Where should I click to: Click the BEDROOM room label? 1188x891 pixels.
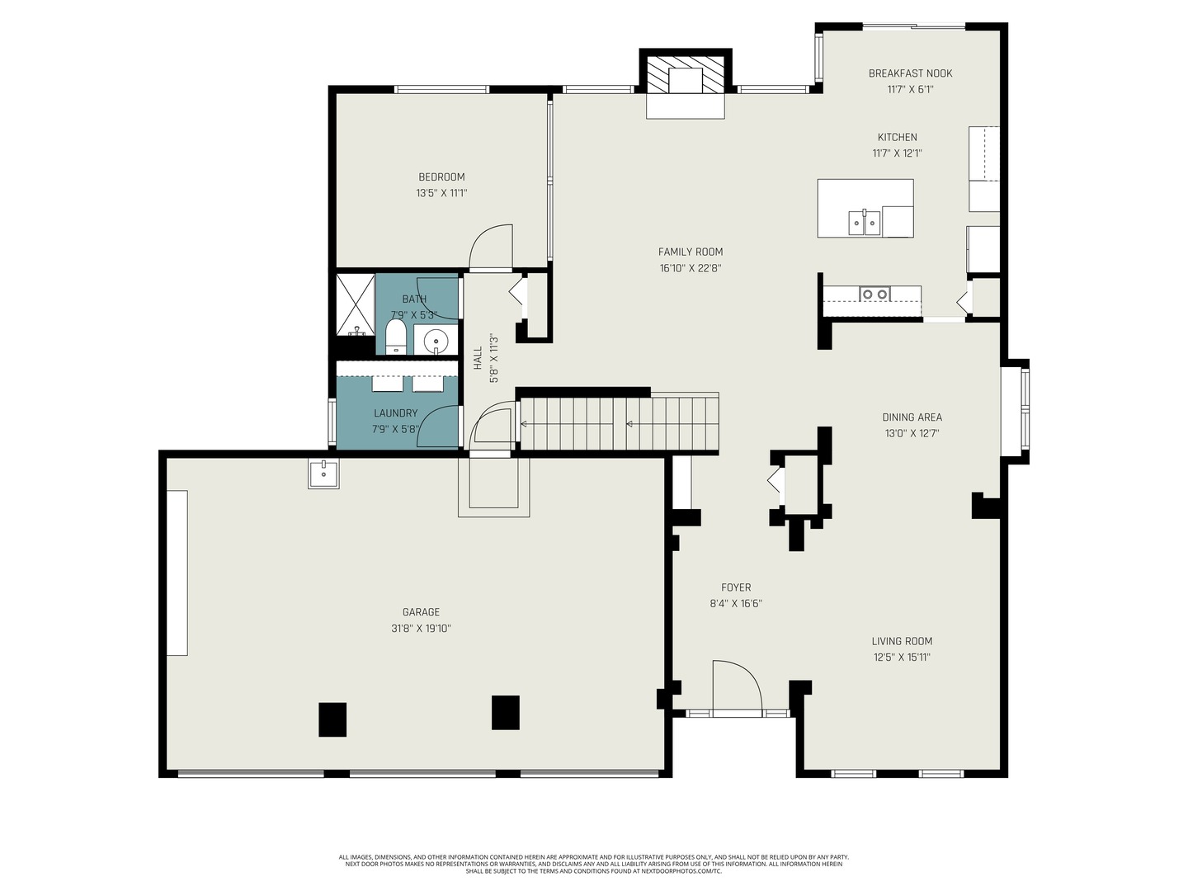pyautogui.click(x=441, y=177)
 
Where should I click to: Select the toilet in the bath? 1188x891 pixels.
pyautogui.click(x=396, y=336)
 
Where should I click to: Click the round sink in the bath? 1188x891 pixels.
pyautogui.click(x=435, y=341)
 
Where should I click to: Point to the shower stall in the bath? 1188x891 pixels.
pyautogui.click(x=355, y=304)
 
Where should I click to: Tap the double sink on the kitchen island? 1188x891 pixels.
pyautogui.click(x=865, y=223)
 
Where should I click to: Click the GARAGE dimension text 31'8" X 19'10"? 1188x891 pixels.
pyautogui.click(x=421, y=628)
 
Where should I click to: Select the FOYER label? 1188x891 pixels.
pyautogui.click(x=736, y=587)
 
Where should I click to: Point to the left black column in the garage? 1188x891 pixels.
pyautogui.click(x=332, y=719)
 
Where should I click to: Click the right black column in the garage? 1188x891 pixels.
pyautogui.click(x=506, y=713)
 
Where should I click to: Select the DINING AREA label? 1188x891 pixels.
pyautogui.click(x=912, y=417)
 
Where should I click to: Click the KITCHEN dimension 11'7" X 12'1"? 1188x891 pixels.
pyautogui.click(x=897, y=153)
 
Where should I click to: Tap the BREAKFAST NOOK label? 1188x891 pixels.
pyautogui.click(x=910, y=73)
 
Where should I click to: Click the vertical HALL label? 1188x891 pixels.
pyautogui.click(x=478, y=358)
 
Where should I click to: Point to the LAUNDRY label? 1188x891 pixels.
pyautogui.click(x=396, y=412)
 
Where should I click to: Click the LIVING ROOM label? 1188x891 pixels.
pyautogui.click(x=902, y=641)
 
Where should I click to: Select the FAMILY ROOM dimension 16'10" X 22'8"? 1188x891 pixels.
pyautogui.click(x=691, y=268)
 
